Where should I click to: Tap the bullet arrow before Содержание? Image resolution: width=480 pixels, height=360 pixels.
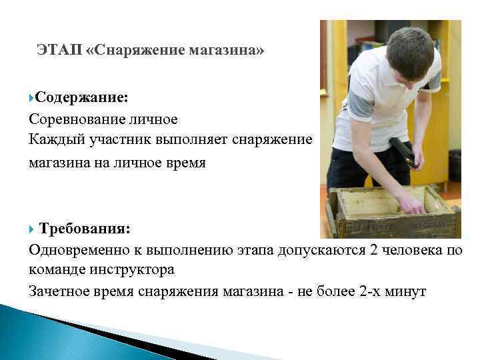pyautogui.click(x=31, y=98)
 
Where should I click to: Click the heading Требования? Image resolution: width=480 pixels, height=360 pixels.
pyautogui.click(x=85, y=228)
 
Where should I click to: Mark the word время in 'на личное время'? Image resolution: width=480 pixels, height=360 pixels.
pyautogui.click(x=181, y=162)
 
